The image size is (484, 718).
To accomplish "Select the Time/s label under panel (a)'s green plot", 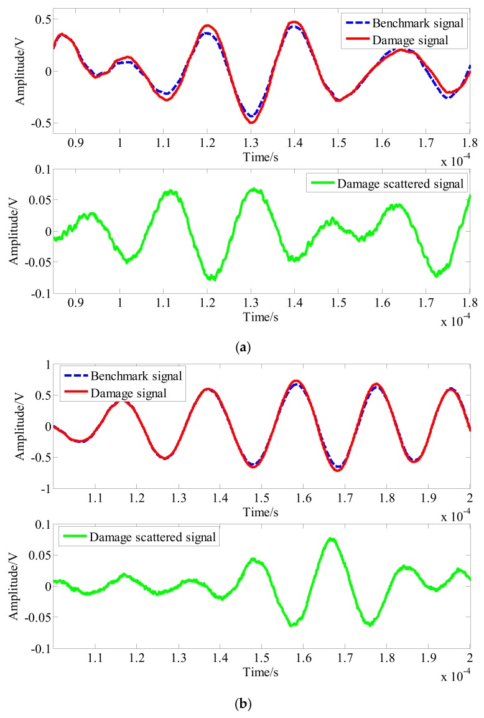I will pyautogui.click(x=261, y=317).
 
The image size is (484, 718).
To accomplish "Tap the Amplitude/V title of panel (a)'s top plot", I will pyautogui.click(x=21, y=71).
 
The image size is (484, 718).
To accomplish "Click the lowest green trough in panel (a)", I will pyautogui.click(x=213, y=279).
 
